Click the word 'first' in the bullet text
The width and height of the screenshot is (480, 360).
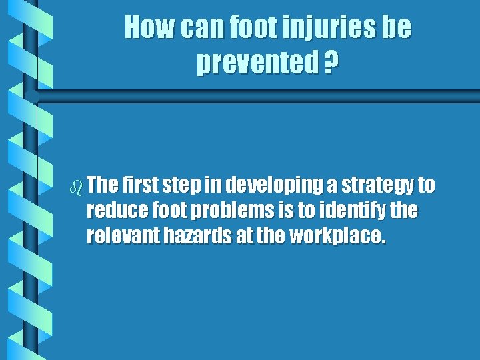click(x=138, y=185)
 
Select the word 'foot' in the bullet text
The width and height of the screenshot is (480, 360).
click(x=170, y=211)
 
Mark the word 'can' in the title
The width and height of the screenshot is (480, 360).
click(x=198, y=28)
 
